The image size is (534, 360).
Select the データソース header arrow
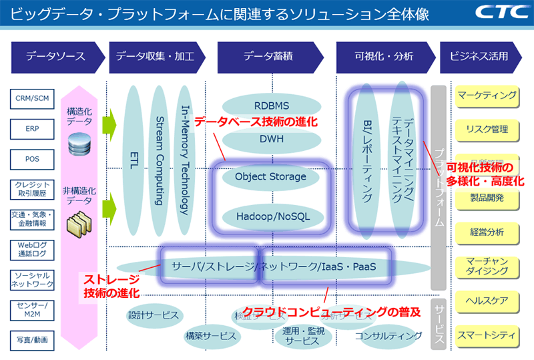pyautogui.click(x=57, y=57)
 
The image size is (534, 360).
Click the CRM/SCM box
pyautogui.click(x=33, y=99)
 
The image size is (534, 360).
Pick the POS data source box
pyautogui.click(x=33, y=160)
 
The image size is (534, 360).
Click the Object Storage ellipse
pyautogui.click(x=271, y=177)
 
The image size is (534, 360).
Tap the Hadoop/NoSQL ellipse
pyautogui.click(x=271, y=216)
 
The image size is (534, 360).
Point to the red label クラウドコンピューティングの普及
pyautogui.click(x=331, y=311)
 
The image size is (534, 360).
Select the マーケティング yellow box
pyautogui.click(x=487, y=96)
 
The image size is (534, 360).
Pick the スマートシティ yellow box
pyautogui.click(x=487, y=332)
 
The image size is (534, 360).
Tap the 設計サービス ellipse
pyautogui.click(x=154, y=314)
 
